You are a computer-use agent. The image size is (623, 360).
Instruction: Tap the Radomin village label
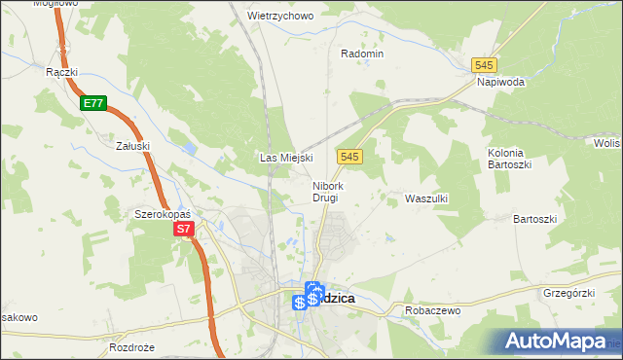pos(362,54)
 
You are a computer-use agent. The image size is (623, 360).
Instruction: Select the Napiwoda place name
pos(500,82)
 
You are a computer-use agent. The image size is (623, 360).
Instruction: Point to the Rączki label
pos(61,72)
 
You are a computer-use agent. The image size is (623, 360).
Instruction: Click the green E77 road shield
pos(93,102)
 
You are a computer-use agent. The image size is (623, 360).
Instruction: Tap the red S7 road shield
pos(185,231)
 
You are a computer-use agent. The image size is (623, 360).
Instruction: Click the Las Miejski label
pos(284,157)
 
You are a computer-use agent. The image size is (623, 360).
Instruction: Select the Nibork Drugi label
pos(326,192)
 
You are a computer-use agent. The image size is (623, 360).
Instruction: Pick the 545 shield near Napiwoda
pos(484,64)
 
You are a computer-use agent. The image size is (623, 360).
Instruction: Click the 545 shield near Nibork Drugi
pos(351,157)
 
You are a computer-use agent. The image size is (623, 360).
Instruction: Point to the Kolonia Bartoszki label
pos(506,159)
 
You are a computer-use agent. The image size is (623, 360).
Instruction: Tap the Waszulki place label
pos(425,198)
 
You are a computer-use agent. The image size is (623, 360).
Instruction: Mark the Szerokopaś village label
pos(162,213)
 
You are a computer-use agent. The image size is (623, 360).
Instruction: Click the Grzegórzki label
pos(568,291)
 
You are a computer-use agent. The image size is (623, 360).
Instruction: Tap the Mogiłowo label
pos(55,4)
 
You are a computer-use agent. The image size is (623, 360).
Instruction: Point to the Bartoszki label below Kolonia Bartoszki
pos(534,219)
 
